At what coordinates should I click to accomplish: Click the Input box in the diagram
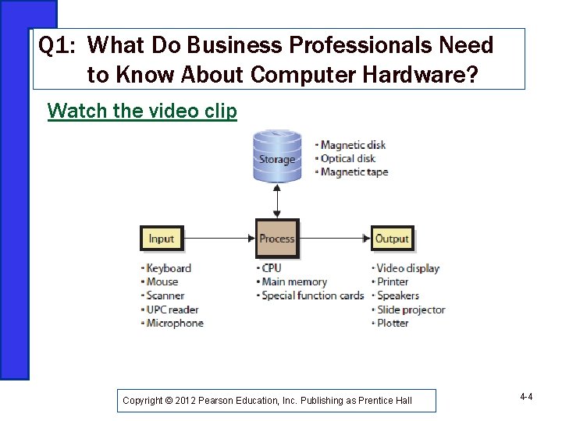[161, 239]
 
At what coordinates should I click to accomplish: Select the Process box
[277, 239]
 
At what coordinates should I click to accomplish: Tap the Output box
[392, 239]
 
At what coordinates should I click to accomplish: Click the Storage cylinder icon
[277, 156]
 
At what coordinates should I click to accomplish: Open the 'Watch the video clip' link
[142, 111]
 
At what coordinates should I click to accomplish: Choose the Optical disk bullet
[347, 158]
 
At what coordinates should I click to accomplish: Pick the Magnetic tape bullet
[354, 172]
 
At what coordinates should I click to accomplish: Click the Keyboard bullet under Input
[169, 268]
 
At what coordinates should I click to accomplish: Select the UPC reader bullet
[173, 310]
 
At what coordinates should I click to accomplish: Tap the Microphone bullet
[175, 324]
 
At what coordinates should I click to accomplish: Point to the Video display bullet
[408, 268]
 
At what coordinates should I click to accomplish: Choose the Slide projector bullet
[411, 310]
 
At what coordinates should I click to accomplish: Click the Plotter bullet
[393, 324]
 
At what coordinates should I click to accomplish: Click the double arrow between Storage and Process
[277, 201]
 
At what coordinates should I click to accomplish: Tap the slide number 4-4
[526, 398]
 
